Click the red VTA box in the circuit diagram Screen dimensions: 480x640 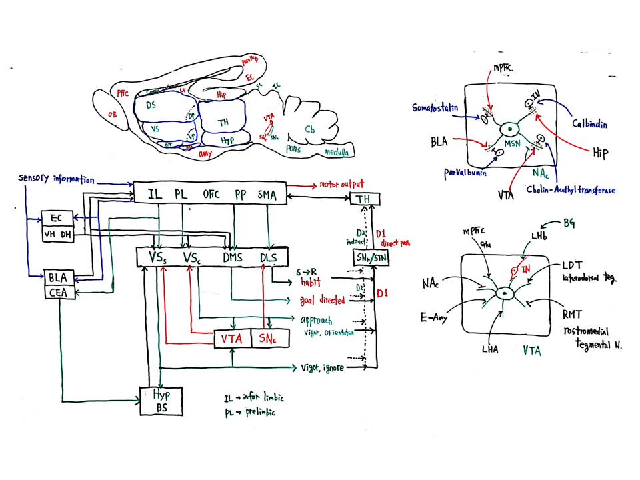tap(231, 339)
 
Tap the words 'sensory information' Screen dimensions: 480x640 tap(57, 179)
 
